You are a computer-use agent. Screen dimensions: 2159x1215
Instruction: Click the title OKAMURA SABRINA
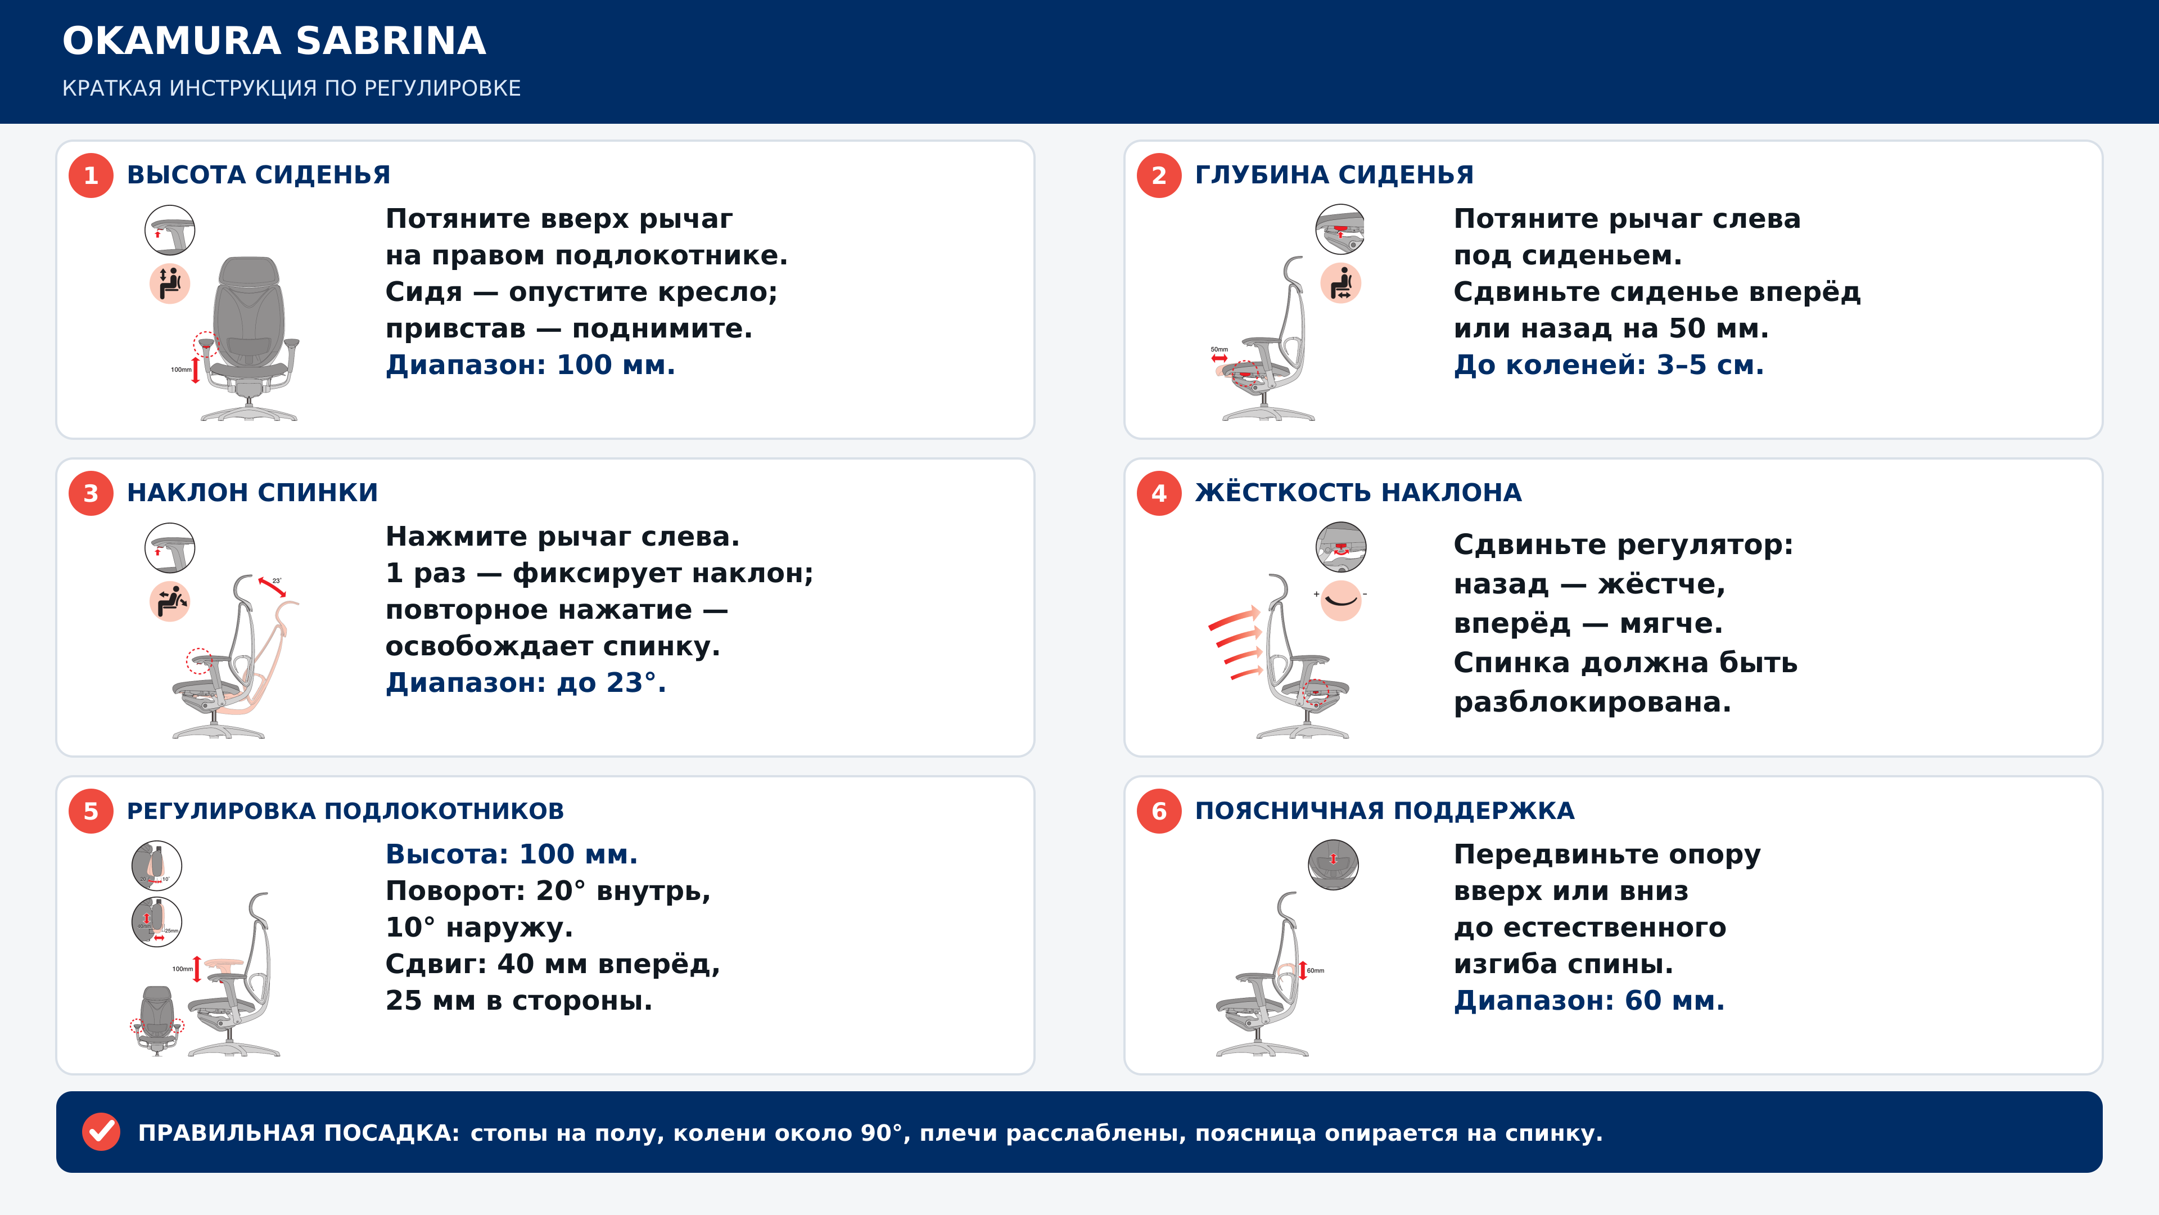274,40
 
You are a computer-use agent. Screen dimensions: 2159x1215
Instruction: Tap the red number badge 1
91,175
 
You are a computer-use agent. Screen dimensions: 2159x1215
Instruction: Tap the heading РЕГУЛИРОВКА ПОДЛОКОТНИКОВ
345,811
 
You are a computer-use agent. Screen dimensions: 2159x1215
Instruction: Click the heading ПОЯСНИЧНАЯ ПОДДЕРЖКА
1385,811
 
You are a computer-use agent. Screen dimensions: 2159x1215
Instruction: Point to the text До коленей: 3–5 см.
1609,364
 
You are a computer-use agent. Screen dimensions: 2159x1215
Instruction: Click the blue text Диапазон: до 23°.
526,682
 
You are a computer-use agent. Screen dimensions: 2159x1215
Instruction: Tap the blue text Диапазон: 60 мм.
1589,1000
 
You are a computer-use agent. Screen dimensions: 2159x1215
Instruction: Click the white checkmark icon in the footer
101,1132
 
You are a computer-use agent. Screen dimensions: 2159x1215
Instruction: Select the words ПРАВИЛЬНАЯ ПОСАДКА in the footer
299,1133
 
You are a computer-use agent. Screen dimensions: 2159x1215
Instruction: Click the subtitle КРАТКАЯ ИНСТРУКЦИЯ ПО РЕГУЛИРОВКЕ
292,88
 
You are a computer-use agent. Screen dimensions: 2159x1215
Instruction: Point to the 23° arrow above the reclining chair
272,587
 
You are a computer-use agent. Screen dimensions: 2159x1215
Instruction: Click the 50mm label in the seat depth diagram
1219,349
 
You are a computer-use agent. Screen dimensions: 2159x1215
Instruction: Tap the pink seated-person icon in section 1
170,283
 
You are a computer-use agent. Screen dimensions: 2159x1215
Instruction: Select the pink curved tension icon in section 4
1341,600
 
